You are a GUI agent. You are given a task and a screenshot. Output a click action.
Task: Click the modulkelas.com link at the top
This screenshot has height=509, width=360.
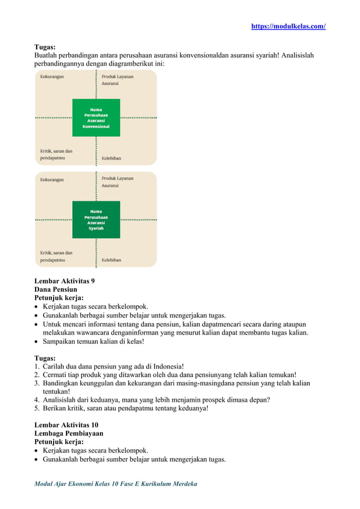click(288, 27)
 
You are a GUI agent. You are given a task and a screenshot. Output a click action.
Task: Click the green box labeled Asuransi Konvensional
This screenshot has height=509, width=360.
click(96, 117)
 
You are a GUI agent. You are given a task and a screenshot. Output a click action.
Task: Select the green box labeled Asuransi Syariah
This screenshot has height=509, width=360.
click(96, 220)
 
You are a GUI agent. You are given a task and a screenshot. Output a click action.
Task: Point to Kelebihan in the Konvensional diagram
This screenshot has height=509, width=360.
click(111, 159)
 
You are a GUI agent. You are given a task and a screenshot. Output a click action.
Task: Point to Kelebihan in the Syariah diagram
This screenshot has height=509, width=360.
click(111, 260)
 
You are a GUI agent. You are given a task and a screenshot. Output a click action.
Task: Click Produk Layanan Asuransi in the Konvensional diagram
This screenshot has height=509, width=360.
click(117, 80)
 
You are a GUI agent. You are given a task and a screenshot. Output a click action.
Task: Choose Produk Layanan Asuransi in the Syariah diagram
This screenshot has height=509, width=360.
click(117, 182)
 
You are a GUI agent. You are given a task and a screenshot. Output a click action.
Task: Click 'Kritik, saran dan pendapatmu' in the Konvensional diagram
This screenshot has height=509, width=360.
click(56, 155)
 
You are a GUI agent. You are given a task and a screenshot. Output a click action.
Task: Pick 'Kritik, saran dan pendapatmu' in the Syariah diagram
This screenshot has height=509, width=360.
click(56, 256)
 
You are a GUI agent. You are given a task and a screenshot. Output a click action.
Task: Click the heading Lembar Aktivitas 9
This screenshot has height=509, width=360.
click(65, 280)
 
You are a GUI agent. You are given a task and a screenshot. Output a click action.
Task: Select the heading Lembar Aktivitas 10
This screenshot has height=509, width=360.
click(67, 424)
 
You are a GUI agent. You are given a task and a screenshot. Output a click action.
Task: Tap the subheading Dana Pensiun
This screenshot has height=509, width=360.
click(56, 289)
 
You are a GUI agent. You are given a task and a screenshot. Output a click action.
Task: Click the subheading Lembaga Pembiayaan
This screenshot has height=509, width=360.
click(69, 433)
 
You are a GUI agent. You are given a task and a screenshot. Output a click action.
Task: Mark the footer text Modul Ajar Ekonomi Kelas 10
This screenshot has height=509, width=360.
click(116, 484)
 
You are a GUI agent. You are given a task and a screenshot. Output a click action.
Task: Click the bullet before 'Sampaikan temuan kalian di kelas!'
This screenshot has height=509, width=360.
click(37, 341)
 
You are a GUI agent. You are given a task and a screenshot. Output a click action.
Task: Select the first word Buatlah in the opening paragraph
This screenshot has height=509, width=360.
click(47, 56)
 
